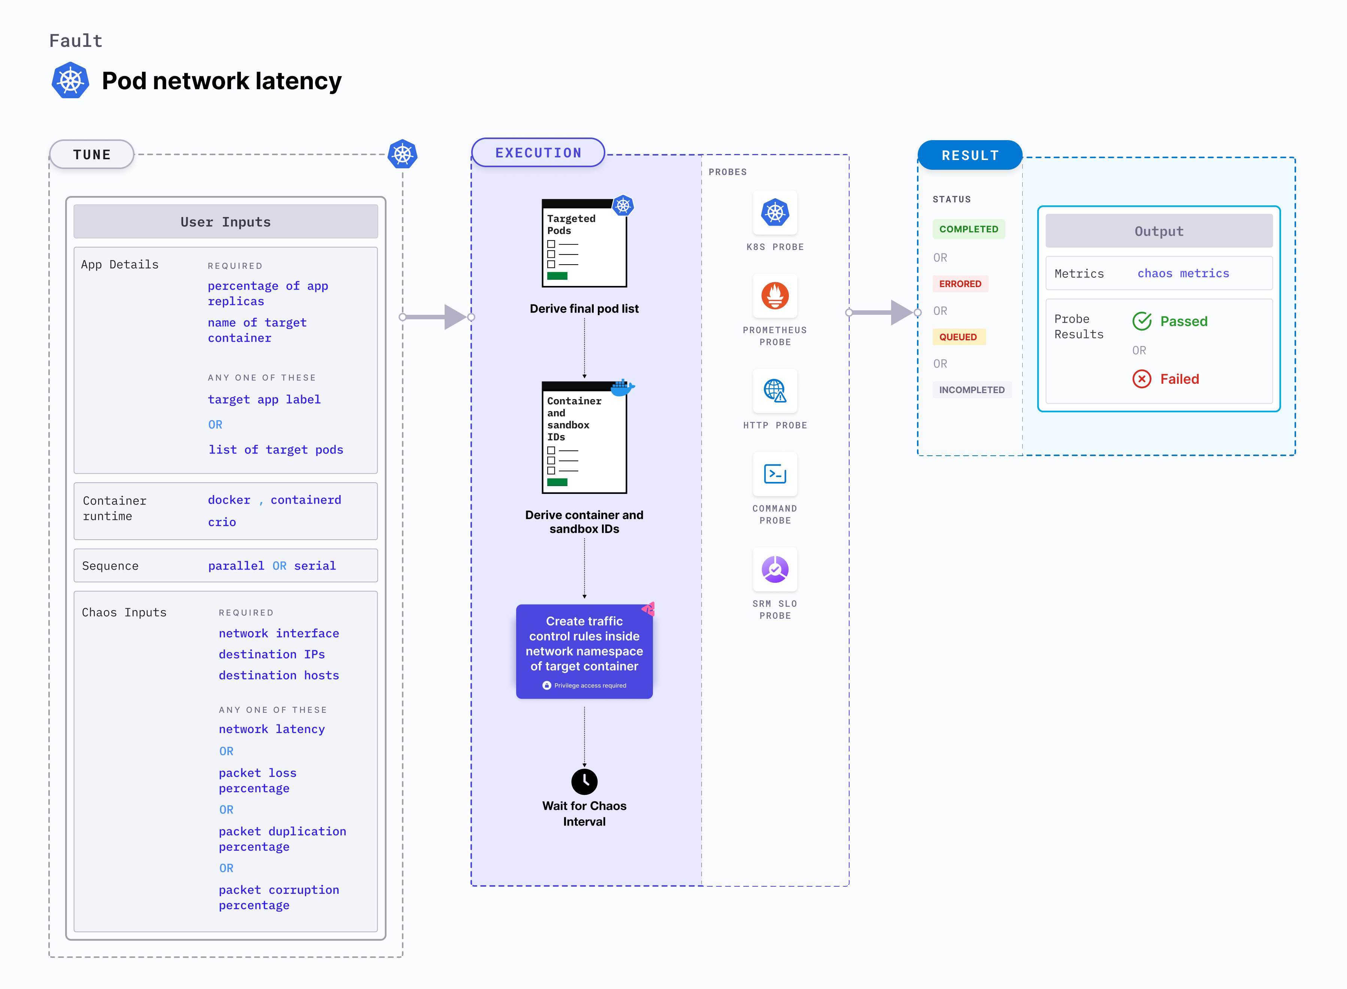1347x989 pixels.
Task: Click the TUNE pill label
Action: click(91, 154)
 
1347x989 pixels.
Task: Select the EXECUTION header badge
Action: click(538, 153)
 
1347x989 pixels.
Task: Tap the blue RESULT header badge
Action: click(969, 155)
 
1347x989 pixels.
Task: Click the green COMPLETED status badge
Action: click(968, 229)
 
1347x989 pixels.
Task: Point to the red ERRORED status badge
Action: click(959, 284)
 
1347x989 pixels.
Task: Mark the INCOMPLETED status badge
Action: click(971, 390)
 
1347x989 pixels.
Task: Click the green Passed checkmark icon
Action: click(1141, 322)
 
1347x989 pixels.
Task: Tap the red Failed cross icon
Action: click(1141, 379)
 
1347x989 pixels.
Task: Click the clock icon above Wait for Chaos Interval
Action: click(584, 781)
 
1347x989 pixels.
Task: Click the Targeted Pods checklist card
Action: click(584, 244)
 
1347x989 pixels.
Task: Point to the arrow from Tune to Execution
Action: click(437, 317)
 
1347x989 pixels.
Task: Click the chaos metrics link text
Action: click(1183, 274)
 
